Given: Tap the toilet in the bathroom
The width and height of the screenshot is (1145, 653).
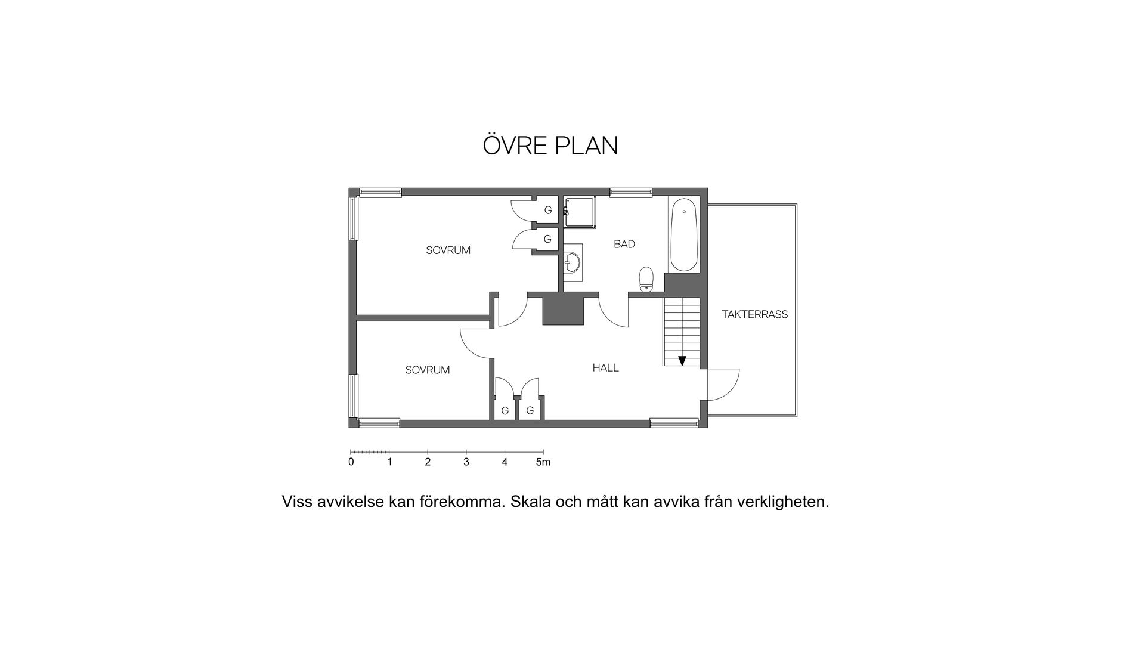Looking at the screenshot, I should coord(646,278).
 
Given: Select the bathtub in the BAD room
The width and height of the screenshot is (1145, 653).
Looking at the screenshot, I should coord(684,235).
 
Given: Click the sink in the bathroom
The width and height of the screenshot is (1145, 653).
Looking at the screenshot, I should coord(573,262).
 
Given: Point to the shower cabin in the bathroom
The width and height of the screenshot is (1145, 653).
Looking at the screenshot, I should coord(580,212).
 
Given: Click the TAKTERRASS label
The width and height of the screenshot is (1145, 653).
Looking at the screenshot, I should coord(754,314).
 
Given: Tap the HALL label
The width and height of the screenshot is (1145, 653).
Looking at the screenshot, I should coord(605,368).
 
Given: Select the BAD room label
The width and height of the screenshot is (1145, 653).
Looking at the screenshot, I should coord(624,244).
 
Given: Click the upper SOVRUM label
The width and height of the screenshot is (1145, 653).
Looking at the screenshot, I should coord(448,250).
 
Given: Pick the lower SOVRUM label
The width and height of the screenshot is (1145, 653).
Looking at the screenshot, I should coord(427,370).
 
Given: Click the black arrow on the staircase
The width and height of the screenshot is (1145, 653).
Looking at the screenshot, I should coord(682,360).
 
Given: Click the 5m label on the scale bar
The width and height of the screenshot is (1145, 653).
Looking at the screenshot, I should coord(543,462).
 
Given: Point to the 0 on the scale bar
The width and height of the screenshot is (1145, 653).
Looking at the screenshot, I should coord(351,462).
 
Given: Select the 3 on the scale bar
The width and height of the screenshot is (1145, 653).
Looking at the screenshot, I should coord(466,462).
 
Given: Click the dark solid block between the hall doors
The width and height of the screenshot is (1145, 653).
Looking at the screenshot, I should coord(562,311).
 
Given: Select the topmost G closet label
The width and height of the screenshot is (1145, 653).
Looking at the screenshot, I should coord(547,210).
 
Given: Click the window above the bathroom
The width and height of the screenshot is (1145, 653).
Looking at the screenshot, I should coord(630,192).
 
